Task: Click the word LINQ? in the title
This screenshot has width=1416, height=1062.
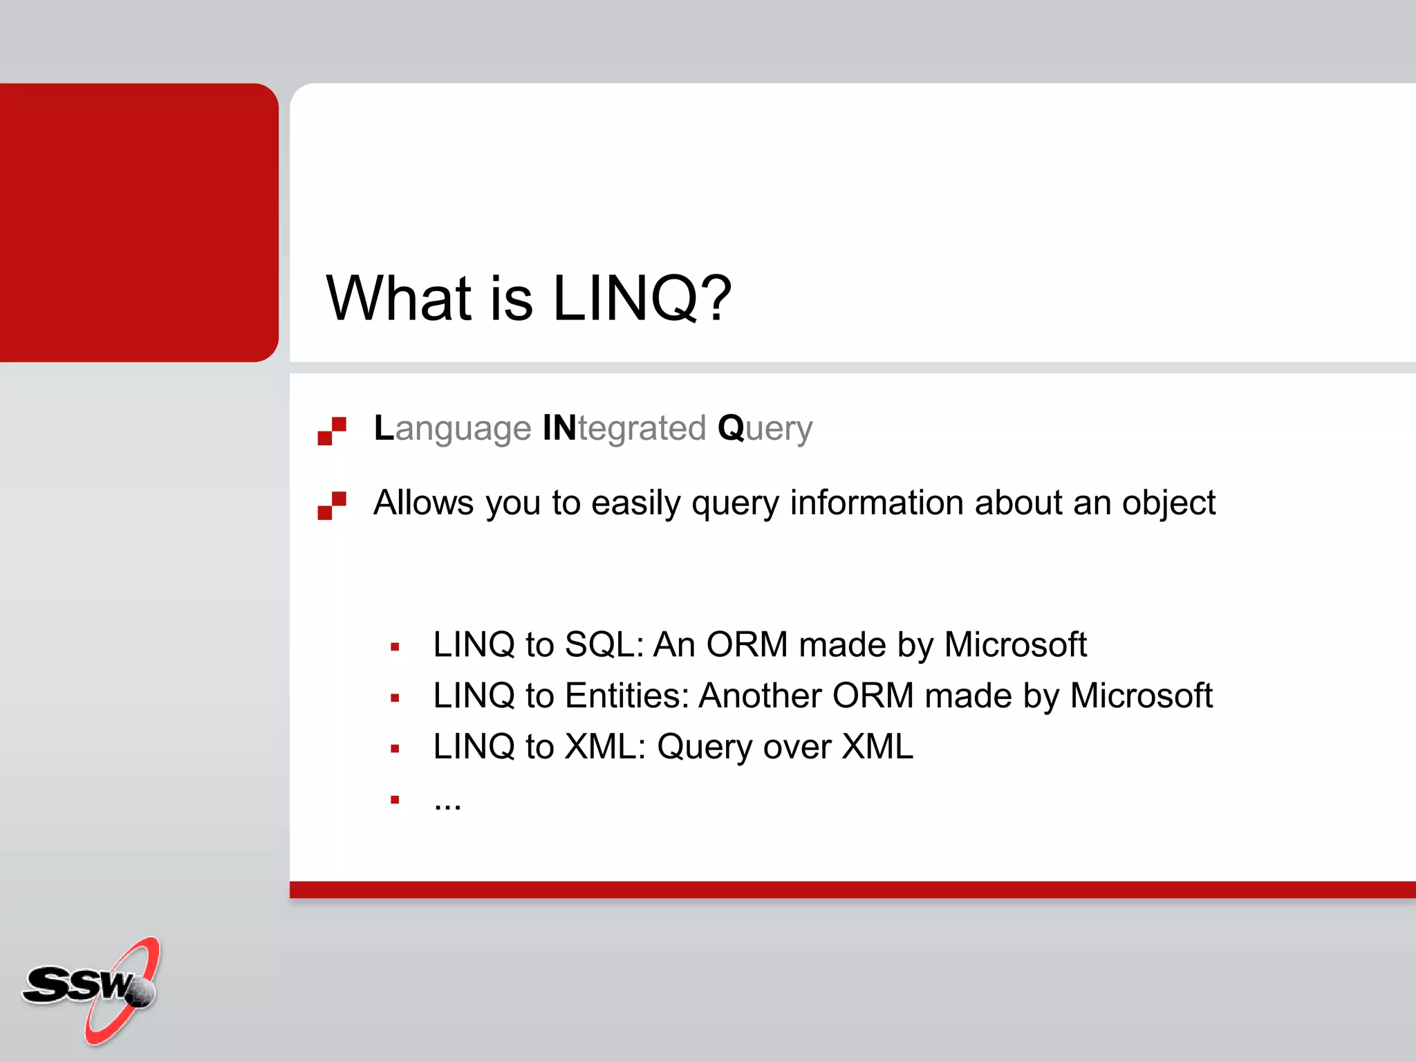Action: [642, 299]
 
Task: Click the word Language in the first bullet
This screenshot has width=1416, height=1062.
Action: [452, 428]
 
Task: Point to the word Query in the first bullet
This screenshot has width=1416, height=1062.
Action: [765, 428]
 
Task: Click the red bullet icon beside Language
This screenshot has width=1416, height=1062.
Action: [332, 431]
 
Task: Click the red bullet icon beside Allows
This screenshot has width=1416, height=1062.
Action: [332, 505]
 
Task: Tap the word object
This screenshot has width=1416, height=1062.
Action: [1168, 503]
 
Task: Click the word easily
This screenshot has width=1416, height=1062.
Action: [635, 503]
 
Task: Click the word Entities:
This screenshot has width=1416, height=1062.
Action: [626, 696]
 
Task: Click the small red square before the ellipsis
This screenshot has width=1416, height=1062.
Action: [395, 800]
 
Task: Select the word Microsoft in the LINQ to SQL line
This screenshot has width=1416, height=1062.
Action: [1015, 644]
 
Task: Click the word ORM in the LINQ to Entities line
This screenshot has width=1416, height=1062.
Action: [873, 696]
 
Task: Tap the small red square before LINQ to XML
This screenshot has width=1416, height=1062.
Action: [395, 749]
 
